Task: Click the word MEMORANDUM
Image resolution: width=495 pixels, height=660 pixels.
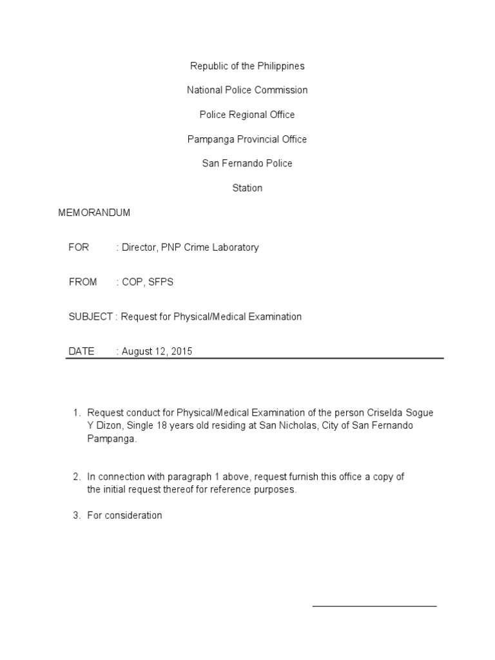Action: [x=94, y=212]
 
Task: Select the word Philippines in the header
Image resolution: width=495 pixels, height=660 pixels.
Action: [x=280, y=66]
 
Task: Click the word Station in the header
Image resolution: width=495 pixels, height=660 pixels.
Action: [x=247, y=188]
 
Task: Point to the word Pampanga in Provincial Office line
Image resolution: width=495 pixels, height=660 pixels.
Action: [x=207, y=139]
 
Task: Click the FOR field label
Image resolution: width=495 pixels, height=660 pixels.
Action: [x=79, y=247]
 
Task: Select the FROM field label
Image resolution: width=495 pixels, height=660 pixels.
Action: [x=82, y=282]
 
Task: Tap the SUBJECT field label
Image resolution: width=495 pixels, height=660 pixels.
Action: [x=91, y=316]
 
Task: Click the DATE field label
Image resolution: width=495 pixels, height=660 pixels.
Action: [x=81, y=351]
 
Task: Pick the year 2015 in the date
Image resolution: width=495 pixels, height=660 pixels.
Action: [x=181, y=351]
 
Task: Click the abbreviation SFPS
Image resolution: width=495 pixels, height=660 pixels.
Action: [x=161, y=282]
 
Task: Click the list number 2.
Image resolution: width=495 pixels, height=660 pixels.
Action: [x=75, y=477]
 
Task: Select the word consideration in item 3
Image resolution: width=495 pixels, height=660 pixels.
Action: [x=134, y=516]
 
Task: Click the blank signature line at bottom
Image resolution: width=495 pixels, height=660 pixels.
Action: [x=374, y=606]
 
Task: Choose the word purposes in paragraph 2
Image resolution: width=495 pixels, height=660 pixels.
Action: [x=275, y=489]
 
